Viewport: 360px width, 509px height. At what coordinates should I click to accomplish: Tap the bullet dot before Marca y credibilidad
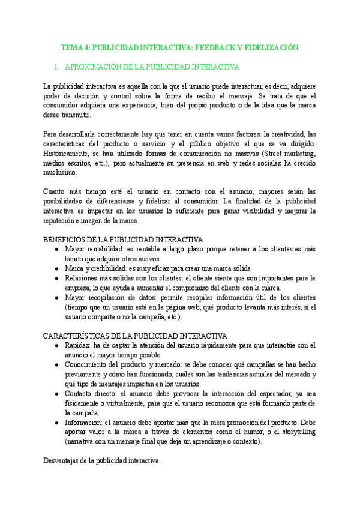56,268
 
